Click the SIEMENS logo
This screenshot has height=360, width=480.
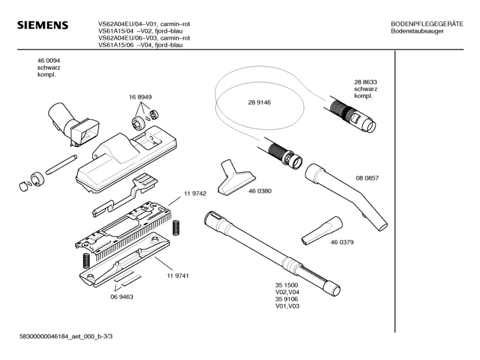[x=43, y=25]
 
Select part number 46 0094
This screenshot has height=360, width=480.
[x=49, y=61]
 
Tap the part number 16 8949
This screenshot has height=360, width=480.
[x=140, y=97]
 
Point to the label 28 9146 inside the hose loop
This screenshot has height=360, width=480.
[x=260, y=103]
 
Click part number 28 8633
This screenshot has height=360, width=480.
[x=366, y=82]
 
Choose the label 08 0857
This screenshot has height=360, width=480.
[x=367, y=178]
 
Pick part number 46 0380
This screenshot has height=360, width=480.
[x=260, y=191]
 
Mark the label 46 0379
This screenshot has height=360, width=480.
[x=342, y=242]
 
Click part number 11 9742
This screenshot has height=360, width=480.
[x=195, y=194]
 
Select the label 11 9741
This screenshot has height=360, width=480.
[x=178, y=276]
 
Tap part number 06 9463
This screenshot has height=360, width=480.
[x=122, y=297]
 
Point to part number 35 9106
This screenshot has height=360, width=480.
[x=287, y=299]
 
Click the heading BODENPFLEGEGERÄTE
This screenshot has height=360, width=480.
[x=427, y=24]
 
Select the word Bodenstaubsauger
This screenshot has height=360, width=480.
[x=417, y=31]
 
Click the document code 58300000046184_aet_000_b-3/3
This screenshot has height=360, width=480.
[x=66, y=336]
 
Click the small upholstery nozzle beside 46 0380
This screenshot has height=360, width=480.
[x=236, y=177]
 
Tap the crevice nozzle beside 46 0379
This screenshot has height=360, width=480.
[x=322, y=231]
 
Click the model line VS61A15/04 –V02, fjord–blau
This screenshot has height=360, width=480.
[x=141, y=31]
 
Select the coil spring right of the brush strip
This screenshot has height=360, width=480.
[x=176, y=228]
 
